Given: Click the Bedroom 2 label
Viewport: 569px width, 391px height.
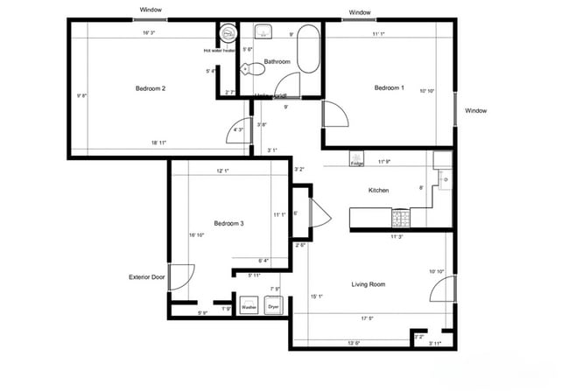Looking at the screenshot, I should point(151,87).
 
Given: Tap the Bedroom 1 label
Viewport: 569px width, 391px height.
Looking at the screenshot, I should point(389,87).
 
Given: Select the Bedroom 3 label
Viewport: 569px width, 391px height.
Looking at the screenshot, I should point(228,224).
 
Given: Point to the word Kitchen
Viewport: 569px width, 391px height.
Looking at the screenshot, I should point(377,190).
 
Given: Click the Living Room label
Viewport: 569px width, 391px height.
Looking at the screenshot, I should point(369,284).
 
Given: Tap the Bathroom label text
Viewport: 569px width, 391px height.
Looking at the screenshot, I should point(277,61).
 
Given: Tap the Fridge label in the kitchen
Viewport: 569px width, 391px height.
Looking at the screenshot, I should point(357,164).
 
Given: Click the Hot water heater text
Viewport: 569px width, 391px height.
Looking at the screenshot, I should point(220,50).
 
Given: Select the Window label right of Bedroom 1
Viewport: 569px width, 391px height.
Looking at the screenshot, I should point(475,111).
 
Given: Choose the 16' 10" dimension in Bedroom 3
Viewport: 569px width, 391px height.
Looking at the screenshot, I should point(197,235).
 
